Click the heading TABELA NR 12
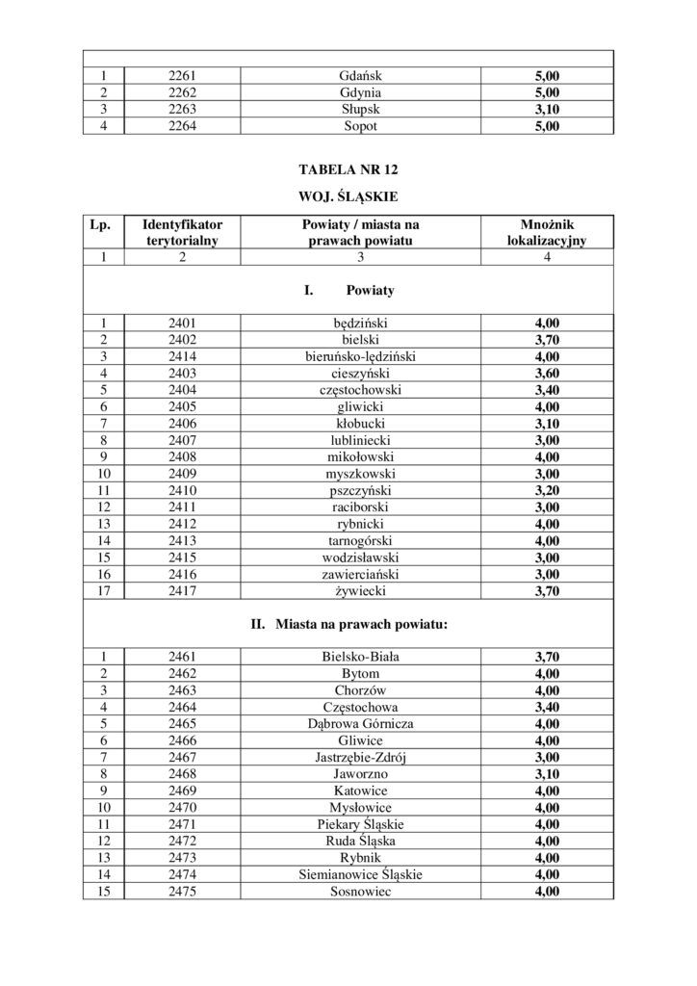[348, 169]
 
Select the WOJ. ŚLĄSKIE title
[348, 197]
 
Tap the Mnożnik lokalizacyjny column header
[547, 232]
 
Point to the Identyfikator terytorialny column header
[182, 232]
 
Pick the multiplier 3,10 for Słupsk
[547, 109]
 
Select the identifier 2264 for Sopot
[182, 126]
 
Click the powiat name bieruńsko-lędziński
[361, 356]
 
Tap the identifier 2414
[182, 356]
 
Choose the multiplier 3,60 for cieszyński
[547, 374]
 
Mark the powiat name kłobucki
[361, 424]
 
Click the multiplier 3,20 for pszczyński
[547, 490]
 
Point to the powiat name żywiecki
[361, 590]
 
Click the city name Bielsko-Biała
[361, 658]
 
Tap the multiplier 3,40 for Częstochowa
[547, 708]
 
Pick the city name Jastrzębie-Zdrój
[361, 758]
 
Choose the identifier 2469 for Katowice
[182, 791]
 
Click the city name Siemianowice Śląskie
[361, 874]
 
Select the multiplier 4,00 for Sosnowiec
[547, 892]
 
